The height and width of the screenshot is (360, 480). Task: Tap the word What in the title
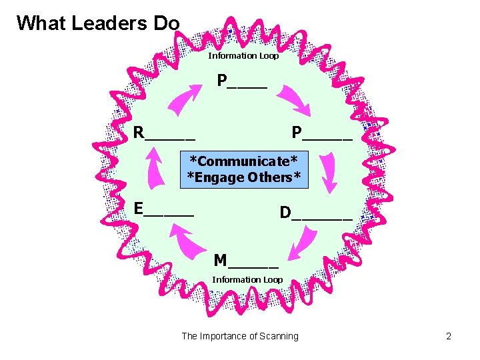[x=41, y=23]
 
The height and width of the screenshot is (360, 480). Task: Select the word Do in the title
[x=166, y=23]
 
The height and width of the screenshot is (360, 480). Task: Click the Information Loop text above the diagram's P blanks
[x=243, y=56]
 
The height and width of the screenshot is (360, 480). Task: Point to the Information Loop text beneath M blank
[x=247, y=280]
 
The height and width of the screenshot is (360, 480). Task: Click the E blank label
[x=163, y=209]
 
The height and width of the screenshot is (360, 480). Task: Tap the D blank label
[x=315, y=213]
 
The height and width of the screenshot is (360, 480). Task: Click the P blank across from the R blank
[x=322, y=133]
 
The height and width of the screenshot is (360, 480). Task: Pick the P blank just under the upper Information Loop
[x=242, y=82]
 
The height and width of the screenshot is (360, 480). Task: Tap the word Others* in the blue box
[x=275, y=177]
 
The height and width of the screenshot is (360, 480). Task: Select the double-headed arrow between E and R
[x=157, y=171]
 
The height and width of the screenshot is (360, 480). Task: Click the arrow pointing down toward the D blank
[x=328, y=171]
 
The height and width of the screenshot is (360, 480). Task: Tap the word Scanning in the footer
[x=279, y=336]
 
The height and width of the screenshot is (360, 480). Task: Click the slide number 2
[x=449, y=336]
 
